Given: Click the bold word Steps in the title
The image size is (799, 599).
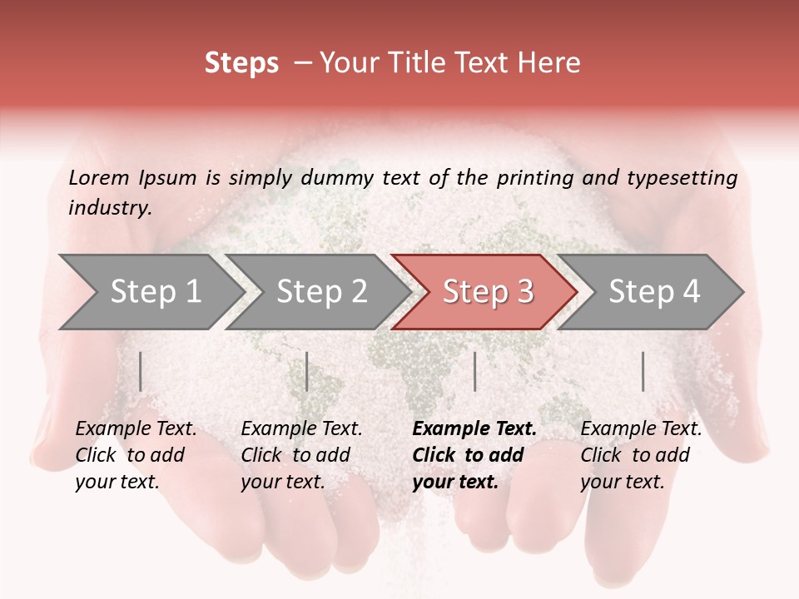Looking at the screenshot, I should [241, 63].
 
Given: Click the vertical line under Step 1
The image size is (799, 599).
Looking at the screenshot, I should [141, 371].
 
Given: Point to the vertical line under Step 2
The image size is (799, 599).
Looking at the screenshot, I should [307, 371].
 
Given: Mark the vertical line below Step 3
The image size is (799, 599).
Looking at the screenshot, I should [475, 371].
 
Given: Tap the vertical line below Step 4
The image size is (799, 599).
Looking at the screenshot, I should [643, 371].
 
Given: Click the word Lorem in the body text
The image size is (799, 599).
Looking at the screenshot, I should [99, 177].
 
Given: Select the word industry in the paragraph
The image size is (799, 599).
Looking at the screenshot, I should [110, 208].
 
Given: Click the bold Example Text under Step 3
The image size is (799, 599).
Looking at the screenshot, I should [474, 429].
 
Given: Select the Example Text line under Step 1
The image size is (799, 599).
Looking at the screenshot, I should [136, 429].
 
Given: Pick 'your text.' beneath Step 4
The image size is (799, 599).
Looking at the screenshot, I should [622, 482].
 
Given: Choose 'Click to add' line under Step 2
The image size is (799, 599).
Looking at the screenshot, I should [295, 455].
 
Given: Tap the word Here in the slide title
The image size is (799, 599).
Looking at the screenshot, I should [553, 63].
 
